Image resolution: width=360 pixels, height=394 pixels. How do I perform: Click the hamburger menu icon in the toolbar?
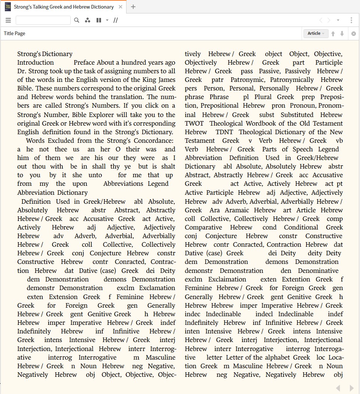pos(8,20)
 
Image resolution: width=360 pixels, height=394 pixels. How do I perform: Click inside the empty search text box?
pos(43,20)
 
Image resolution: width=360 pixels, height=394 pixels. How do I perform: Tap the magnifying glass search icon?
pos(77,20)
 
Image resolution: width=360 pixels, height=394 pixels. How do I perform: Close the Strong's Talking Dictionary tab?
pos(120,7)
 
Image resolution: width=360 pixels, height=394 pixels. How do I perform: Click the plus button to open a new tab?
pos(133,7)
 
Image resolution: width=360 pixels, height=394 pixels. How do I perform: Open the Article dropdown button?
pos(315,34)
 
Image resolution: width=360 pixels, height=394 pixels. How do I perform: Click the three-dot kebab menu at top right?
pos(351,20)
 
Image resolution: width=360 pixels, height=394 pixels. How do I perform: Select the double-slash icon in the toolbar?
pos(116,20)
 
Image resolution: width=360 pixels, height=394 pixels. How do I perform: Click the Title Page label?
pos(15,34)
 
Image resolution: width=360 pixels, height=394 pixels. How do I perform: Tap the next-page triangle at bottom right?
pos(351,388)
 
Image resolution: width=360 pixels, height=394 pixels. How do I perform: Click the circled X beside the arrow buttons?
pos(353,34)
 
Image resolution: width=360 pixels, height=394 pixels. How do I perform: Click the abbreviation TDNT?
pos(224,132)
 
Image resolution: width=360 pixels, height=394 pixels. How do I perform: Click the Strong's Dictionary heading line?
pos(45,54)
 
